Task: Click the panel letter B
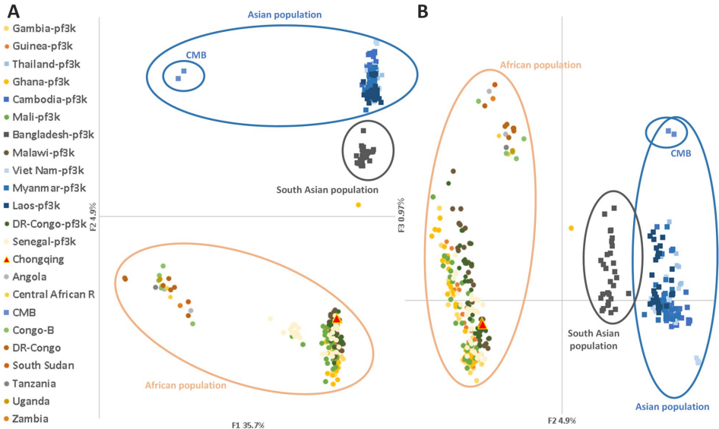tap(423, 10)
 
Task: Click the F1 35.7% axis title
tap(256, 424)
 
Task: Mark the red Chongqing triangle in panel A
tap(337, 320)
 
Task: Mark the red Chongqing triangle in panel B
tap(481, 324)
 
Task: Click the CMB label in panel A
tap(196, 55)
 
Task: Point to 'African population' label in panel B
tap(540, 65)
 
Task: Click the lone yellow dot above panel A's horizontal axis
tap(358, 205)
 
